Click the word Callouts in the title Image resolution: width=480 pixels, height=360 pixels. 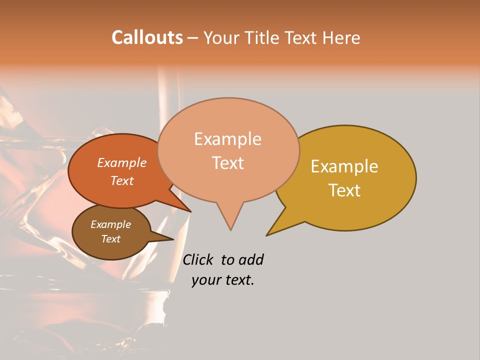pyautogui.click(x=147, y=37)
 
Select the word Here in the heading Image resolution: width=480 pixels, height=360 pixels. pyautogui.click(x=341, y=37)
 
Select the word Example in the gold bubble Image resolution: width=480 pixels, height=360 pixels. pyautogui.click(x=344, y=166)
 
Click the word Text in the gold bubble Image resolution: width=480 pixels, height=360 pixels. pyautogui.click(x=344, y=190)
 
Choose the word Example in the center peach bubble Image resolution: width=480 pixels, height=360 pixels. pyautogui.click(x=227, y=139)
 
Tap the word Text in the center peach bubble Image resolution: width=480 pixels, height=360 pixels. pyautogui.click(x=227, y=163)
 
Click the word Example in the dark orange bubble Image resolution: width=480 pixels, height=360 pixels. pyautogui.click(x=122, y=162)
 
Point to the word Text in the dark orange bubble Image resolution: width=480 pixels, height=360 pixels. pyautogui.click(x=122, y=180)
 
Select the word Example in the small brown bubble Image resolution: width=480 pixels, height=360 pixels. pyautogui.click(x=110, y=224)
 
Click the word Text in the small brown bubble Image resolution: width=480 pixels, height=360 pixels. pyautogui.click(x=110, y=239)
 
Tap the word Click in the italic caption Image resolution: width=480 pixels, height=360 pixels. pyautogui.click(x=198, y=259)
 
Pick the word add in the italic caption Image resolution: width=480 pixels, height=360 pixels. pyautogui.click(x=251, y=259)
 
